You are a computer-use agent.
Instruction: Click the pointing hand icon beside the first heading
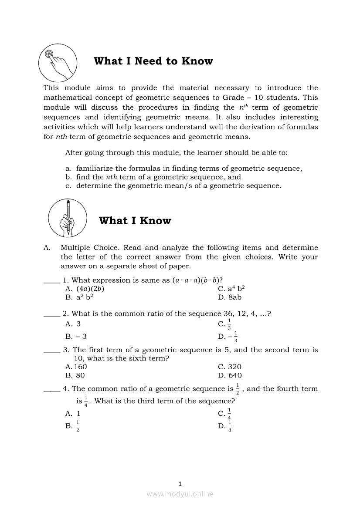click(x=58, y=63)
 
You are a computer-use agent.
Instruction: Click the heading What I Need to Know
click(x=153, y=61)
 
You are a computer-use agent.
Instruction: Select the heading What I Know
click(x=135, y=221)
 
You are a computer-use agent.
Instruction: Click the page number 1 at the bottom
click(x=180, y=483)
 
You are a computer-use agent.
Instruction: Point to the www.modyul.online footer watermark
click(x=180, y=494)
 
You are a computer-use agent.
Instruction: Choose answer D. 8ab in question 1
click(x=230, y=297)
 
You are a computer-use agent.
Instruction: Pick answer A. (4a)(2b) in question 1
click(x=85, y=289)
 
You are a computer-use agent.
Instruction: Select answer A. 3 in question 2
click(x=73, y=324)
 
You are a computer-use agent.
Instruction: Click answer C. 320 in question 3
click(x=230, y=367)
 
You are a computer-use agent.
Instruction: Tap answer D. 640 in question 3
click(x=230, y=375)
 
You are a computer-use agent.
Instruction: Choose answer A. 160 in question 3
click(x=76, y=367)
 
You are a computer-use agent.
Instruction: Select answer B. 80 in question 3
click(x=75, y=375)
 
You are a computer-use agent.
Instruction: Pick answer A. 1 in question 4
click(x=73, y=414)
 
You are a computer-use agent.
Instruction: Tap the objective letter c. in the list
click(x=68, y=185)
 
